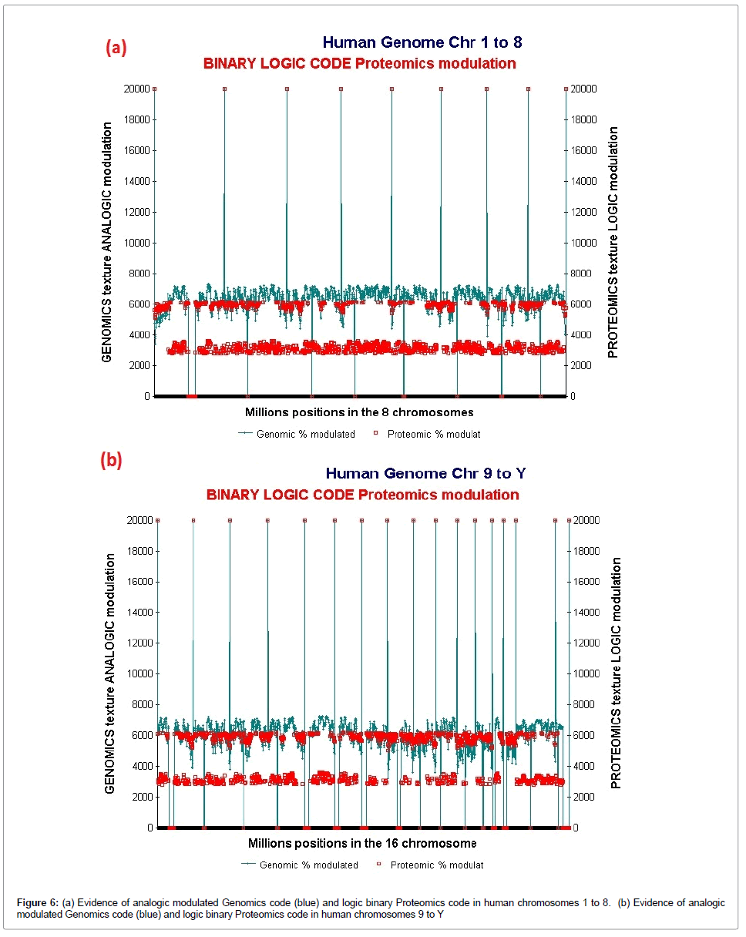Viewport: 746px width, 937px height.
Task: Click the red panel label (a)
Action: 116,48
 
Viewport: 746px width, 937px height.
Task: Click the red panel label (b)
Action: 112,460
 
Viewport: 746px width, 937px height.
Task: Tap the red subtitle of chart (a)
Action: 360,63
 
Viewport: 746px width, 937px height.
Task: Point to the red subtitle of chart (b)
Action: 362,494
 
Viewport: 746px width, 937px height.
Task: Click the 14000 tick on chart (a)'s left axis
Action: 136,181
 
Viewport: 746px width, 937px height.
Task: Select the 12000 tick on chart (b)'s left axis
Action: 139,643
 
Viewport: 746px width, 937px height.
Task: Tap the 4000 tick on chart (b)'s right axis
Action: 586,766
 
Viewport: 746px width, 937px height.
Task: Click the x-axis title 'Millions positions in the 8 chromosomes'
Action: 359,412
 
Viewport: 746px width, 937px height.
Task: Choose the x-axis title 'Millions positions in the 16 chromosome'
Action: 362,843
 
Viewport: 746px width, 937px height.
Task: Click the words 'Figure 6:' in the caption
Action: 37,902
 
